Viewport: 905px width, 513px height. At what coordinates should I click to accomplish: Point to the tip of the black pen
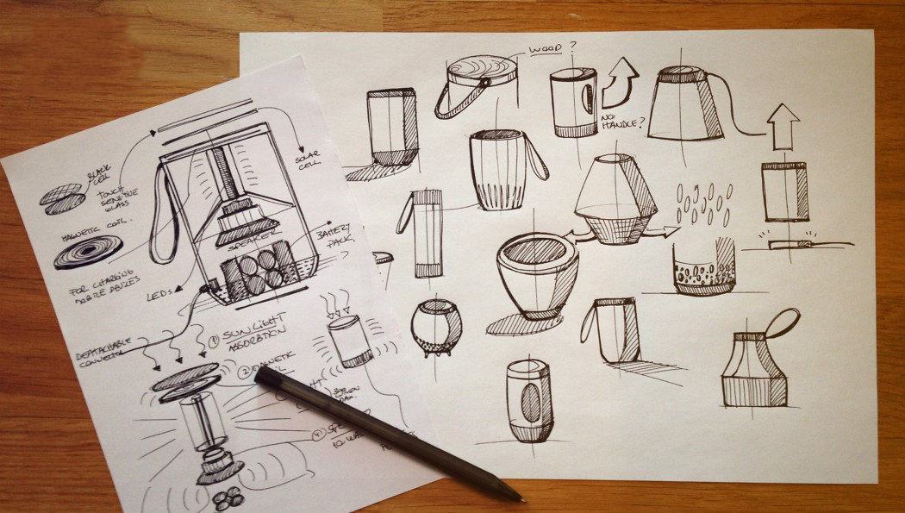point(520,497)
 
